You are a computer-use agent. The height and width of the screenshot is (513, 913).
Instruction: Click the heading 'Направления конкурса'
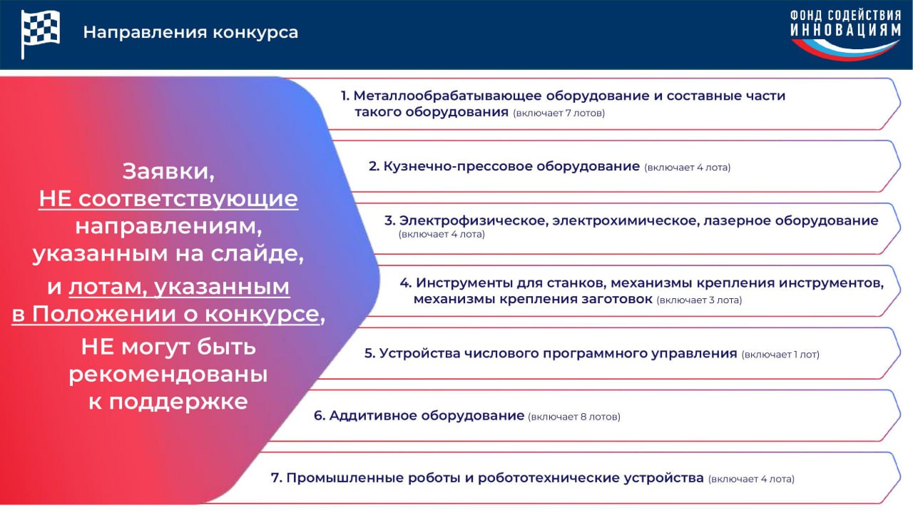coord(190,33)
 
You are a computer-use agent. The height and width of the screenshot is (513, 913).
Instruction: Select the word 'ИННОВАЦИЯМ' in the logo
coord(846,30)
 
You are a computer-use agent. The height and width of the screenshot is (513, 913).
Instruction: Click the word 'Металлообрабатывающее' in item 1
coord(447,96)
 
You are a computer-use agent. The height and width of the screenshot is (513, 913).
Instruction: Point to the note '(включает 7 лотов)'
coord(558,113)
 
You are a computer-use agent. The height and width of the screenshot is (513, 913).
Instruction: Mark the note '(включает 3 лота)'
coord(699,300)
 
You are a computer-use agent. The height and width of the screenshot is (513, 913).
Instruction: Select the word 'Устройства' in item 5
coord(419,354)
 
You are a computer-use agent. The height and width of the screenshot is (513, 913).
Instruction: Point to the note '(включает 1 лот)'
coord(780,355)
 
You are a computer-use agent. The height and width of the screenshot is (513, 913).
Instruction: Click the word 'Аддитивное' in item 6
coord(373,415)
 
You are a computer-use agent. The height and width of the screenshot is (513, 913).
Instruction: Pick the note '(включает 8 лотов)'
coord(574,417)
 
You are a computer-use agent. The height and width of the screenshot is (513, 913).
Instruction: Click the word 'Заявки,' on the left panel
coord(168,172)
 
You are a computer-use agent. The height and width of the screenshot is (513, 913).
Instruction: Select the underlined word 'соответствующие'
coord(188,199)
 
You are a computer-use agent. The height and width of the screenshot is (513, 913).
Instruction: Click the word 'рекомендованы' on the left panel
coord(168,375)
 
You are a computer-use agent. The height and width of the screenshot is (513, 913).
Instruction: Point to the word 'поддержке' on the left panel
coord(178,402)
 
